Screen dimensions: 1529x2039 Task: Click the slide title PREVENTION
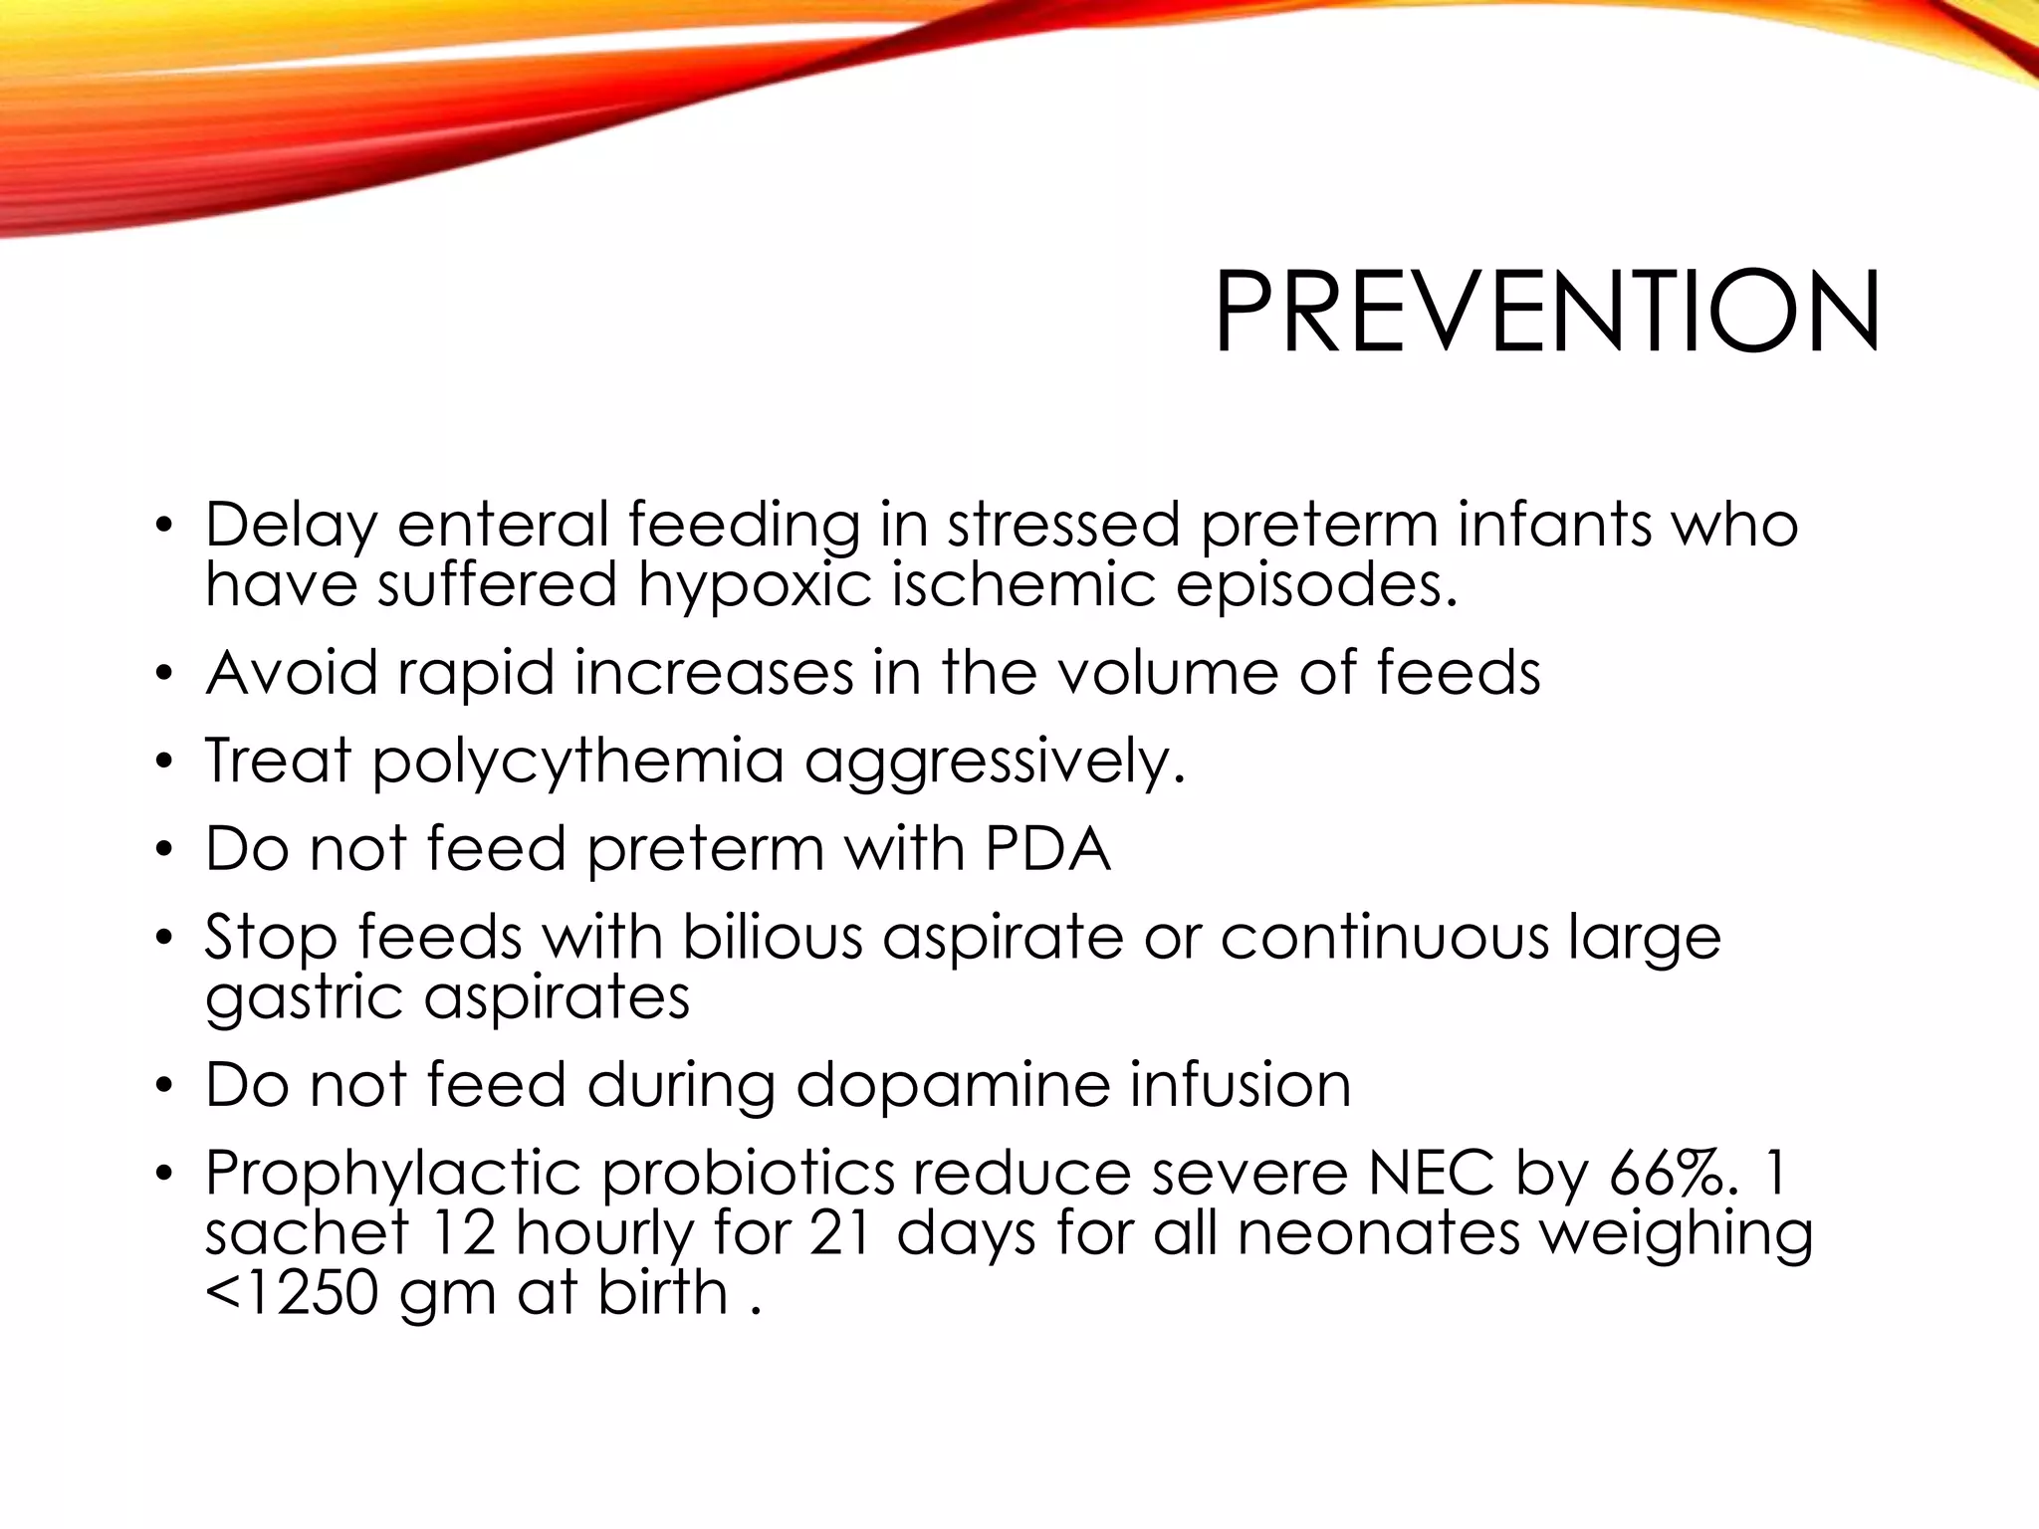click(x=1546, y=312)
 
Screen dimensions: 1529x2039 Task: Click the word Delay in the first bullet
click(x=291, y=525)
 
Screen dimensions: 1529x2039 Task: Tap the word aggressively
click(x=995, y=762)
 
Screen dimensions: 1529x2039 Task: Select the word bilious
click(x=772, y=938)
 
